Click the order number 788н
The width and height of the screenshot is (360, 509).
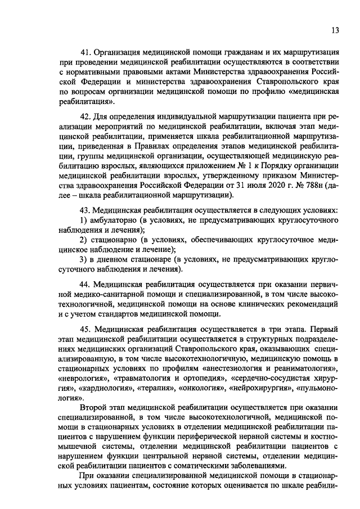[313, 185]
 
